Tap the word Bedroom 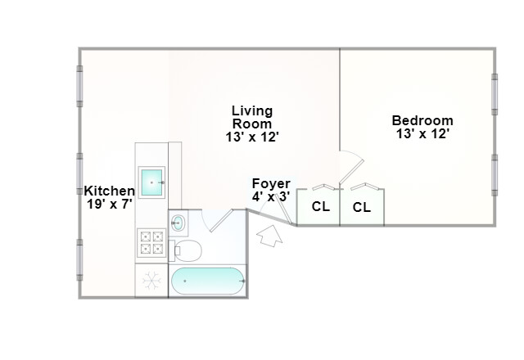(422, 120)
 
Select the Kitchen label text (110, 191)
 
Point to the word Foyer (271, 183)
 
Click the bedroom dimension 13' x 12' (422, 134)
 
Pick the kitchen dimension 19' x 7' (110, 204)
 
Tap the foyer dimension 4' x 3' (271, 196)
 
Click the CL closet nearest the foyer (320, 207)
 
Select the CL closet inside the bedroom (362, 207)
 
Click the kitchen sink (152, 182)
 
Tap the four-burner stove (152, 244)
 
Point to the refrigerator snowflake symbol (151, 281)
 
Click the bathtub (208, 281)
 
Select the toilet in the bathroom (187, 250)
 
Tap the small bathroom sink (179, 221)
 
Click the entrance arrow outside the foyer (269, 239)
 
